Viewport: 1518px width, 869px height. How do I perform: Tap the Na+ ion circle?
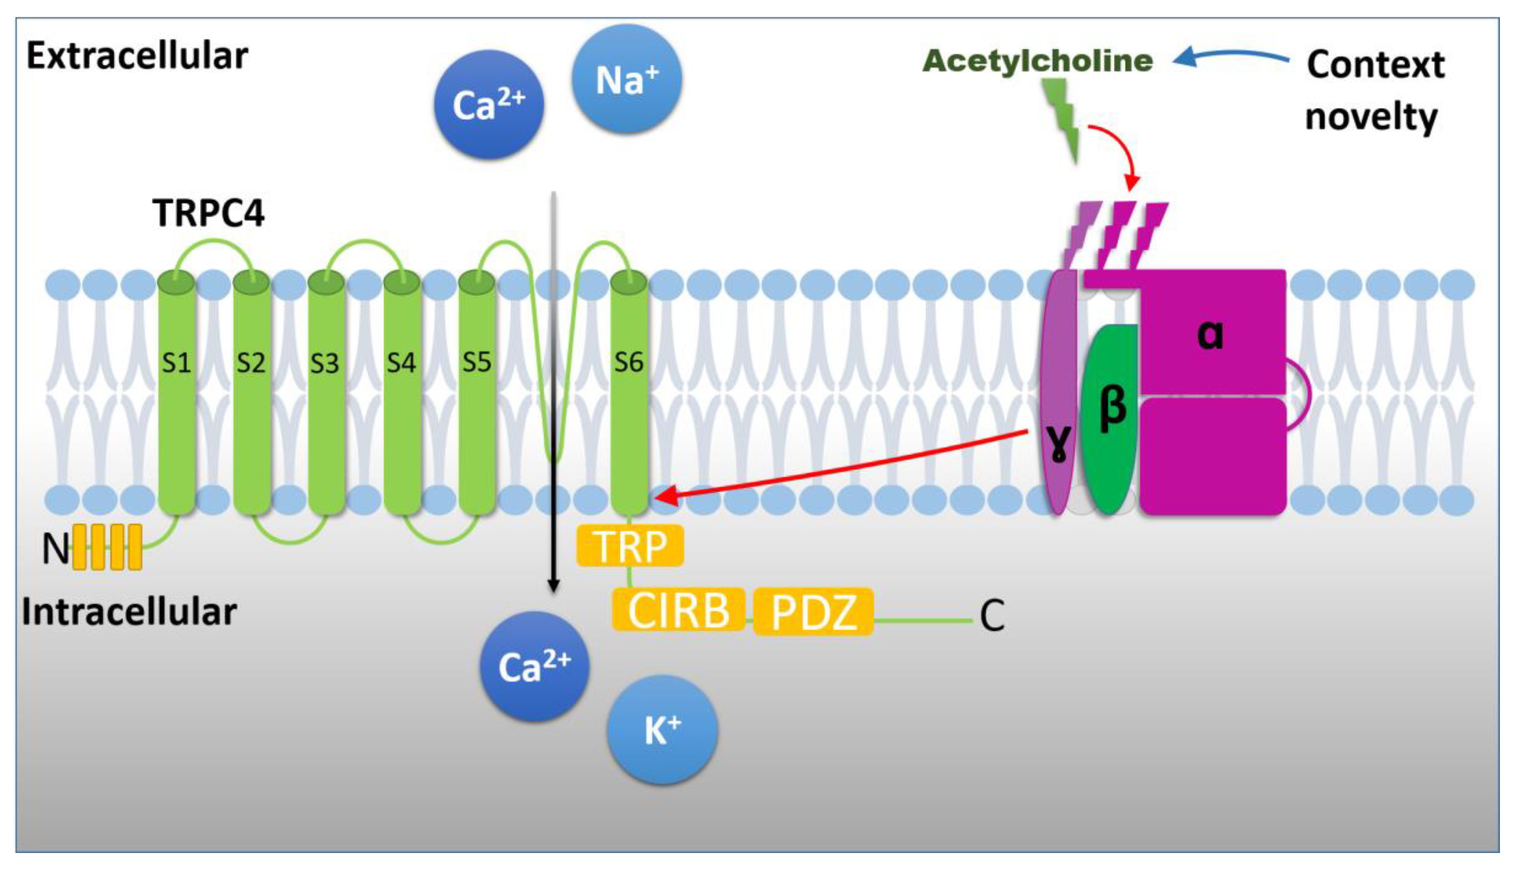tap(627, 79)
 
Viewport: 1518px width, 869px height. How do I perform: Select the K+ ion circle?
tap(662, 729)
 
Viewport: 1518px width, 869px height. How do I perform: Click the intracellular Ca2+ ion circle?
tap(535, 666)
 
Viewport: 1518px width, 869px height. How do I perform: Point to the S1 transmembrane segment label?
tap(176, 363)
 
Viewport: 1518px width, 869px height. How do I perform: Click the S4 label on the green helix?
tap(401, 363)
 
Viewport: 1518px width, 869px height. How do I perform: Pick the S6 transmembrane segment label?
tap(629, 362)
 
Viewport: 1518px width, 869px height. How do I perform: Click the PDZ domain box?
tap(813, 612)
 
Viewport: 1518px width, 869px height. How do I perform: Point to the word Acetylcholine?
tap(1038, 61)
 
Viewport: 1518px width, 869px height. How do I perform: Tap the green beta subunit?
tap(1110, 418)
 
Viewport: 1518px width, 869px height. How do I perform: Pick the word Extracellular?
tap(137, 57)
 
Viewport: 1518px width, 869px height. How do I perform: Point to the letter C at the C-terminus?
tap(992, 616)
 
